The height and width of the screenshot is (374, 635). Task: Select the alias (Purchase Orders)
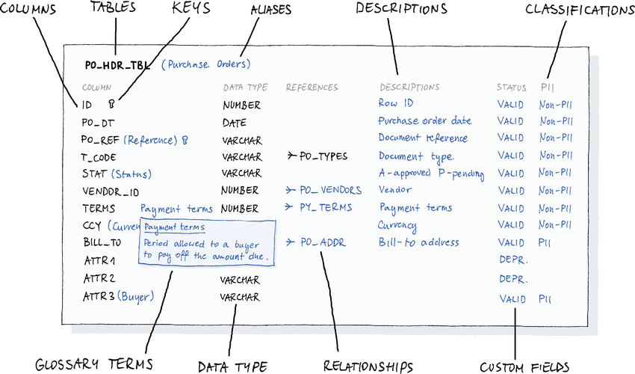tap(206, 64)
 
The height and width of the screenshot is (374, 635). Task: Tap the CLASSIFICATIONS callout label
tap(579, 10)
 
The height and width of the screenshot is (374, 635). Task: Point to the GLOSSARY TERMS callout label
tap(94, 364)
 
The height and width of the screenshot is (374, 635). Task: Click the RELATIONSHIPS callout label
tap(368, 366)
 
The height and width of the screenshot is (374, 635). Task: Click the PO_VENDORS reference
tap(330, 191)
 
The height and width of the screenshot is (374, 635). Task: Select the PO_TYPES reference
tap(323, 157)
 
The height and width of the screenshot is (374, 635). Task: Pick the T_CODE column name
tap(98, 157)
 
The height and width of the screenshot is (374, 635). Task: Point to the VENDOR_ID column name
tap(110, 191)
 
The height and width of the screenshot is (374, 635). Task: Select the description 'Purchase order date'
tap(424, 121)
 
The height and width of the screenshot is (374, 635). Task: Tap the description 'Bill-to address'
tap(418, 242)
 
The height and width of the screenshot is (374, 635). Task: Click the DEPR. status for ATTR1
tap(513, 260)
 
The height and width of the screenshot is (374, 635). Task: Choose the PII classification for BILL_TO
tap(546, 242)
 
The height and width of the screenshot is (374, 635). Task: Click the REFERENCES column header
tap(312, 88)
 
